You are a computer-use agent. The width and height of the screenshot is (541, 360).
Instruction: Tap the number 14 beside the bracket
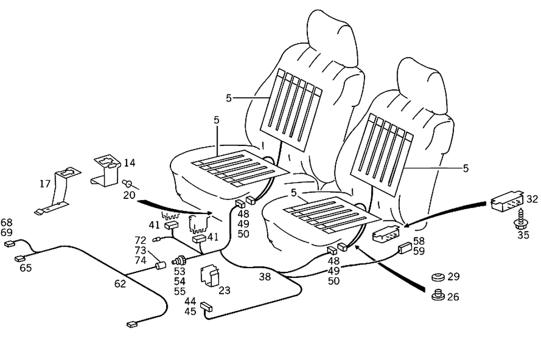pos(129,163)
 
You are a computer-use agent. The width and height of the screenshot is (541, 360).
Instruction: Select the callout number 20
pos(129,195)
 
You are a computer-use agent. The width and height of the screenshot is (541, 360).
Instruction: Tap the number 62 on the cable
pos(120,283)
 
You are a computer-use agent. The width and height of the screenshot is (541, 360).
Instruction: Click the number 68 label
pos(6,223)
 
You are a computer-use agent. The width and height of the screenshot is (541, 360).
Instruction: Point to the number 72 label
pos(141,239)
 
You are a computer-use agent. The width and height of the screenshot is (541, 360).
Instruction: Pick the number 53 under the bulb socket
pos(180,272)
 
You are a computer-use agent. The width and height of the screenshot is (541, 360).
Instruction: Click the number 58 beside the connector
pos(419,242)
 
